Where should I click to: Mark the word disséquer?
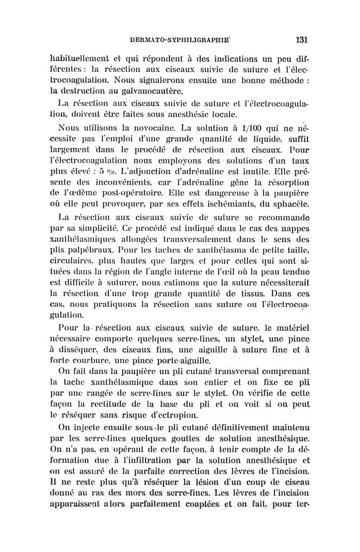(x=75, y=349)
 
